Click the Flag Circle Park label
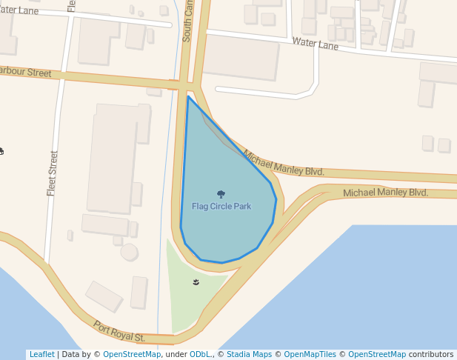coord(221,206)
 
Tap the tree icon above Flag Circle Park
coord(221,194)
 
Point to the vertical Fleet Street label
coord(53,173)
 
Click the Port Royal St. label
coord(119,331)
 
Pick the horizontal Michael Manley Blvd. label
coord(385,193)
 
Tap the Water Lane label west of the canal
coord(18,11)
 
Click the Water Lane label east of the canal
coord(315,44)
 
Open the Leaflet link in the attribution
coord(41,355)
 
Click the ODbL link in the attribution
coord(199,355)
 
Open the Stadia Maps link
coord(249,355)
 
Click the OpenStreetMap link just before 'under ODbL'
coord(132,355)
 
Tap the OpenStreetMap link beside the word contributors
coord(377,355)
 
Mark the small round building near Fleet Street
coord(129,252)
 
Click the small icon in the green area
coord(196,282)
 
